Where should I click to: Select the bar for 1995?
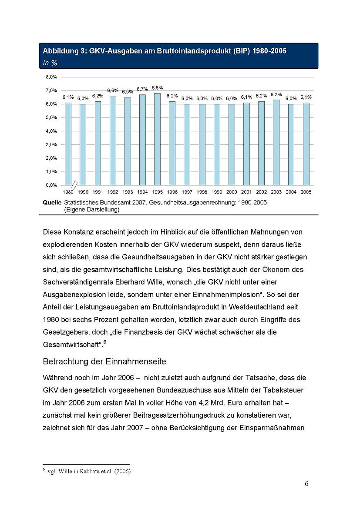click(x=157, y=139)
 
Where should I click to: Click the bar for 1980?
click(x=68, y=144)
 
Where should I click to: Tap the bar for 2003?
click(x=276, y=142)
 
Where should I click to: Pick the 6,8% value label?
click(x=157, y=87)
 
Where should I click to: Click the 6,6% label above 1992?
click(x=113, y=90)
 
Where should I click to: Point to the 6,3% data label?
click(x=276, y=94)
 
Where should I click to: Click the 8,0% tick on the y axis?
click(x=51, y=77)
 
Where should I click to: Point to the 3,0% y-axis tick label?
click(x=51, y=144)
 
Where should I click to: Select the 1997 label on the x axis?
click(x=187, y=192)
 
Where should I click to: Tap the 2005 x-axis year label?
click(x=306, y=192)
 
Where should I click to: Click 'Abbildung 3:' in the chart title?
click(x=63, y=51)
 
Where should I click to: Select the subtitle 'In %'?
click(x=50, y=63)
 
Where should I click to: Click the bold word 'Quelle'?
click(x=52, y=202)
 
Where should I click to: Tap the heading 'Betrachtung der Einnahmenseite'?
click(x=104, y=361)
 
